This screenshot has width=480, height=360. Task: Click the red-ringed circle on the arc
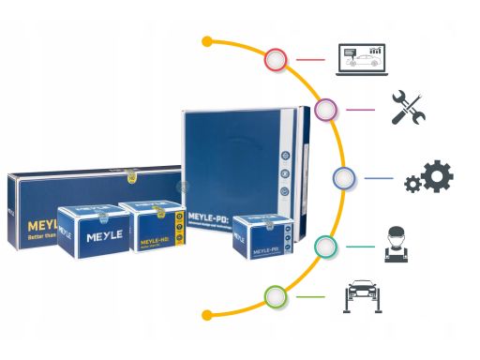coord(276,61)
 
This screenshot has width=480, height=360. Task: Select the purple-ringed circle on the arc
coord(325,112)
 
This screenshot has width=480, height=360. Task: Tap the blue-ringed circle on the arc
coord(344,177)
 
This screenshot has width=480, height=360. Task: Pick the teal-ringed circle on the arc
coord(325,246)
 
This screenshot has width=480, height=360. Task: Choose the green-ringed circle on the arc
coord(276,297)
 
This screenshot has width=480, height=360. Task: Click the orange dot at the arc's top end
coord(207,42)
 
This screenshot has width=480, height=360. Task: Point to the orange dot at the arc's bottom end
coord(207,314)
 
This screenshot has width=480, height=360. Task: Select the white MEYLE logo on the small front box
coord(102,238)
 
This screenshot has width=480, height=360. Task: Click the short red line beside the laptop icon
coord(310,61)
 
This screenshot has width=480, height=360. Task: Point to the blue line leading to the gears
coord(378,177)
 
